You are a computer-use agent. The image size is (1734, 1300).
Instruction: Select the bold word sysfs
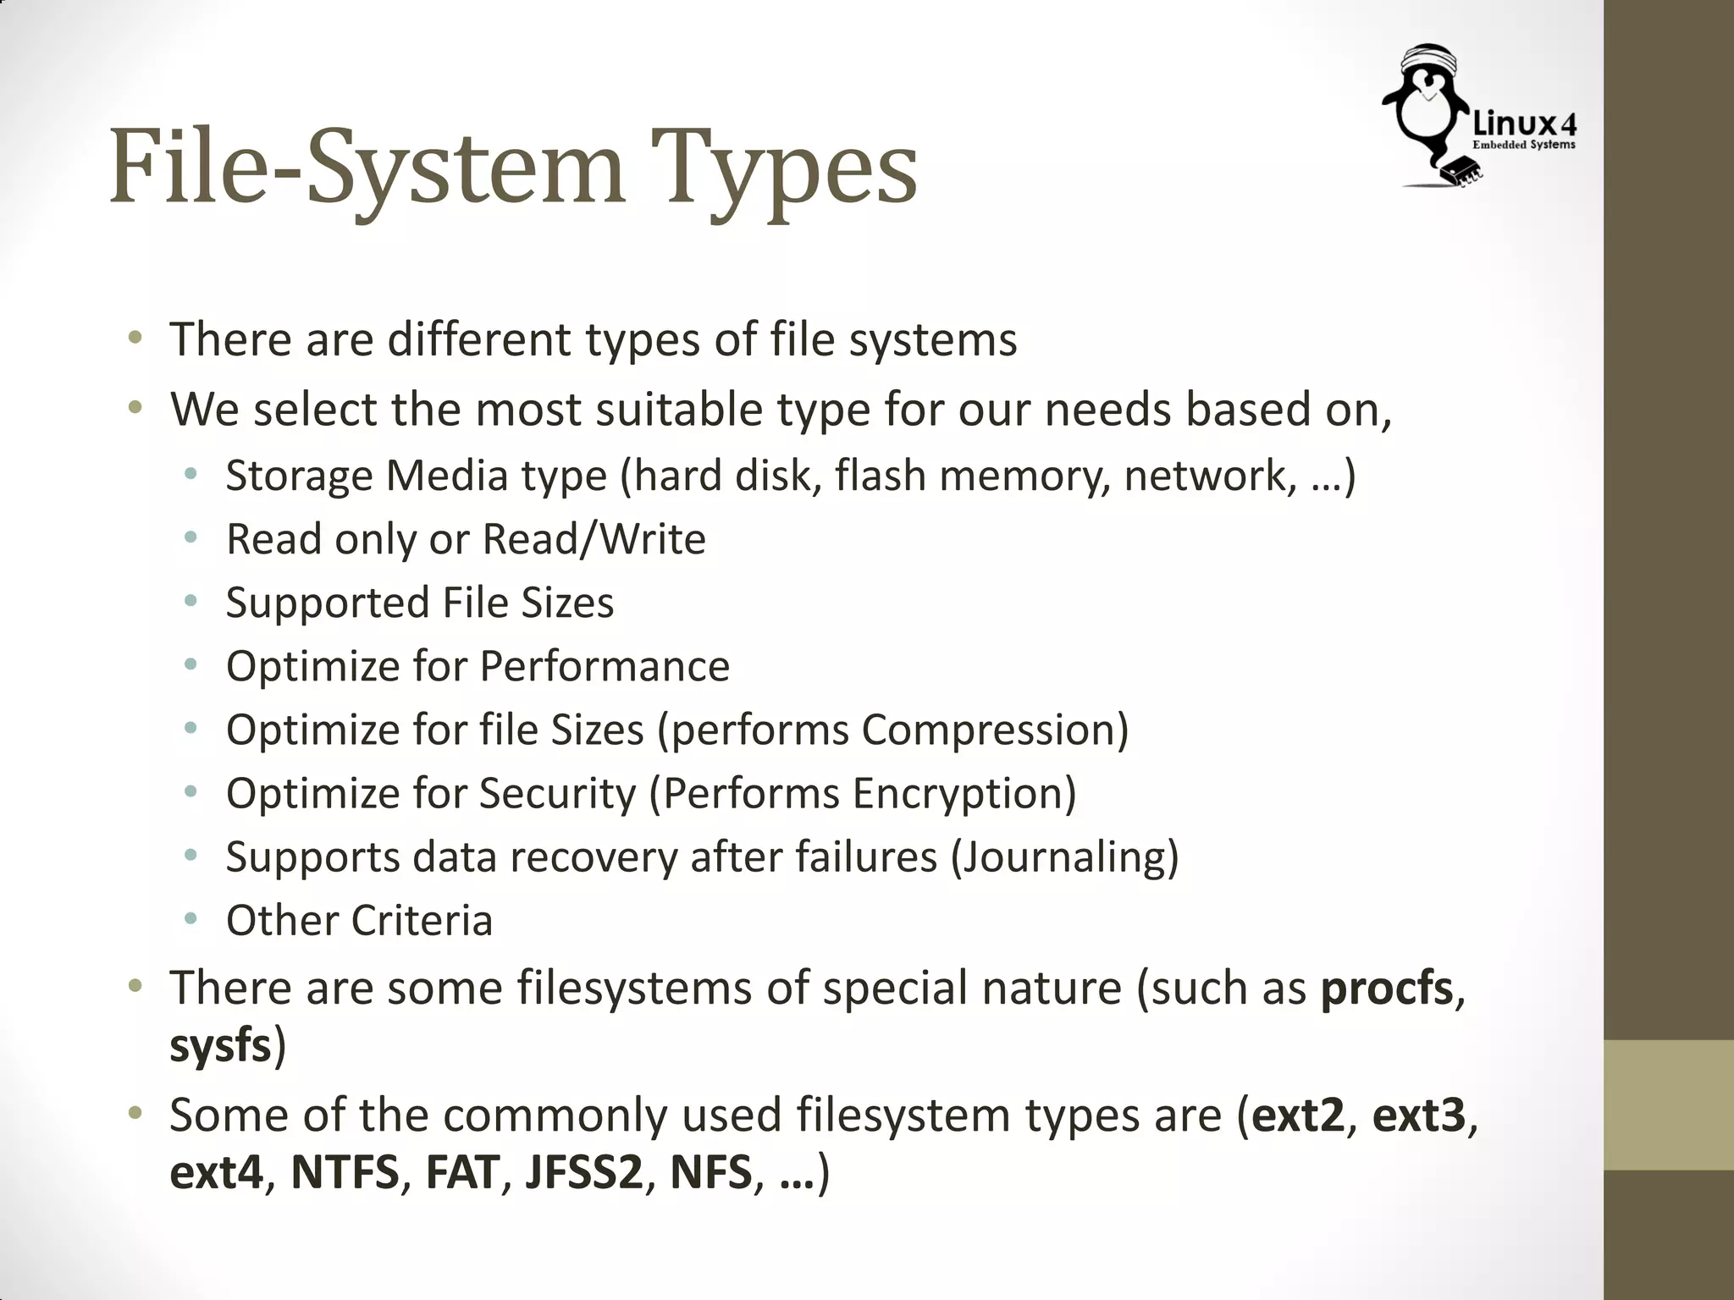tap(220, 1046)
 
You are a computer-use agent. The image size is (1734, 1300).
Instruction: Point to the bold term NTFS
tap(345, 1173)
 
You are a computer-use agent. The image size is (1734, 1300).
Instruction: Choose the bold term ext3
tap(1418, 1115)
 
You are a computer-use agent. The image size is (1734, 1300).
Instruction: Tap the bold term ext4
tap(217, 1173)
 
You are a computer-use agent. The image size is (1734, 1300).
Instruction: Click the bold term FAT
tap(462, 1173)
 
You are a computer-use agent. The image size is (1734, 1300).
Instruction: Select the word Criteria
tap(422, 921)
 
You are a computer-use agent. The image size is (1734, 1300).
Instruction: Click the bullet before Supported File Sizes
tap(191, 601)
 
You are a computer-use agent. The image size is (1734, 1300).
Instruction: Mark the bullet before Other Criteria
tap(191, 918)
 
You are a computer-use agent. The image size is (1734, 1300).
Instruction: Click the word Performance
tap(605, 666)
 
